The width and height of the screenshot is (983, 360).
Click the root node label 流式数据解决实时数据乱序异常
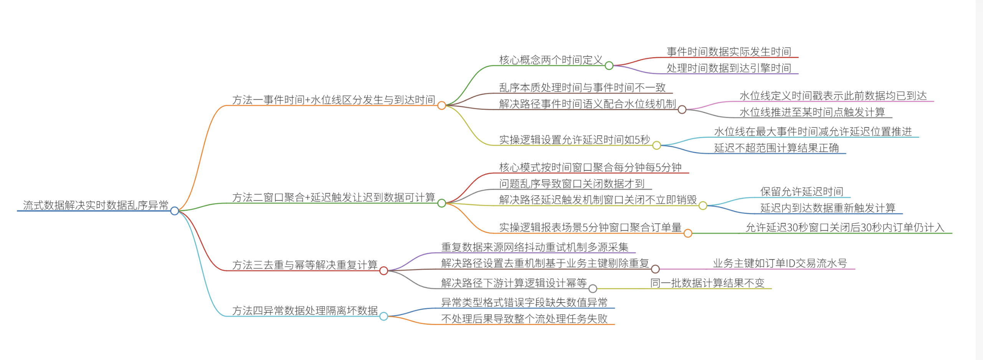pyautogui.click(x=96, y=205)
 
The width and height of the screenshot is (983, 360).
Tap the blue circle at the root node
pyautogui.click(x=175, y=211)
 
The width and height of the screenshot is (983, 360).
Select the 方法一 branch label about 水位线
pyautogui.click(x=334, y=100)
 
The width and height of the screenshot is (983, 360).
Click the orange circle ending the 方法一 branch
pyautogui.click(x=442, y=106)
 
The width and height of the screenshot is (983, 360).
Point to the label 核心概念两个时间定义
pyautogui.click(x=551, y=60)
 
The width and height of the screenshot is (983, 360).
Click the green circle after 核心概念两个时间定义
pyautogui.click(x=609, y=66)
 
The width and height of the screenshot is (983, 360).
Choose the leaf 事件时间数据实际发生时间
pyautogui.click(x=729, y=51)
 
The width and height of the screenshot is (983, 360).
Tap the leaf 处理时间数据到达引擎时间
pyautogui.click(x=729, y=68)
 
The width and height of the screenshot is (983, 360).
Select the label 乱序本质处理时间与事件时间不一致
pyautogui.click(x=582, y=88)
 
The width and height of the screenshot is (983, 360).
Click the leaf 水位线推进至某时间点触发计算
pyautogui.click(x=812, y=112)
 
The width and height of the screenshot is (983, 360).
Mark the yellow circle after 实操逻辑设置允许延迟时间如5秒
pyautogui.click(x=657, y=145)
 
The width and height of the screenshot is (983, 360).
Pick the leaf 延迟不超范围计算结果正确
pyautogui.click(x=776, y=148)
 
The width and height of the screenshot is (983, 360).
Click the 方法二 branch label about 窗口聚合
pyautogui.click(x=334, y=197)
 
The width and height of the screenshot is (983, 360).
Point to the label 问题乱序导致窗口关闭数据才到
pyautogui.click(x=572, y=183)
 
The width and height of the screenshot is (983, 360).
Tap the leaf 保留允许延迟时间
pyautogui.click(x=802, y=192)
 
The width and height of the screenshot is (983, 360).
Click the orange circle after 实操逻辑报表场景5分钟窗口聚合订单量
pyautogui.click(x=688, y=233)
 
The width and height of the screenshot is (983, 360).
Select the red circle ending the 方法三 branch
pyautogui.click(x=383, y=271)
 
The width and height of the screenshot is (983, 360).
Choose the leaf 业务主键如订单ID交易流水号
pyautogui.click(x=780, y=263)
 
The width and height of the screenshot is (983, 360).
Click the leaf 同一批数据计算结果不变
pyautogui.click(x=707, y=283)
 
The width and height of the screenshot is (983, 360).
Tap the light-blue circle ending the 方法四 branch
pyautogui.click(x=383, y=316)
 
